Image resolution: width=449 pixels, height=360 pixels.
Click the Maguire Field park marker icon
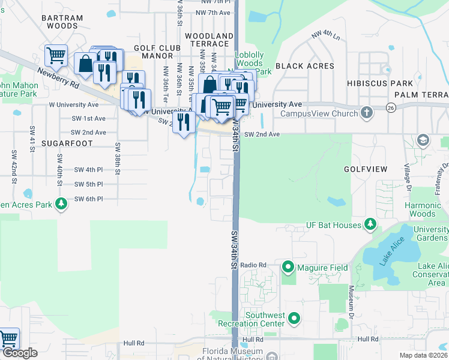point(288,267)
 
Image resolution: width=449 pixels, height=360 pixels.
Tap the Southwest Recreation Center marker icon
point(294,319)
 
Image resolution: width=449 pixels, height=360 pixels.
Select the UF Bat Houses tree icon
point(371,225)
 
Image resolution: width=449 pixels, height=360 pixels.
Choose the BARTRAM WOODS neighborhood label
point(62,22)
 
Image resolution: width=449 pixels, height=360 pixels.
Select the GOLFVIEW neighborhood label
point(366,169)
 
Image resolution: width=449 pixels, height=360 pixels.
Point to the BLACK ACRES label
point(301,65)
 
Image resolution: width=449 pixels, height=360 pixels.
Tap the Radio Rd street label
point(253,265)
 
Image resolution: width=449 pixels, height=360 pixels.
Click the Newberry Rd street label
point(58,77)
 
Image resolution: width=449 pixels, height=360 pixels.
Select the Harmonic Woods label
point(423,209)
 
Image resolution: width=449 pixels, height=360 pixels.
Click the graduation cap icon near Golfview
point(423,140)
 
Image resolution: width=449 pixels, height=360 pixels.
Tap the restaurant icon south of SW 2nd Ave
point(184,122)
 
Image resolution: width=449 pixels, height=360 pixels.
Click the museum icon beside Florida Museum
point(271,357)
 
